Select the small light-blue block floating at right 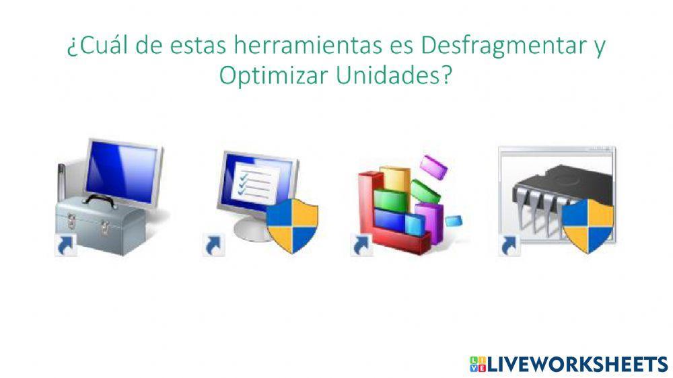(x=454, y=220)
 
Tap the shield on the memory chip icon (x=588, y=225)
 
